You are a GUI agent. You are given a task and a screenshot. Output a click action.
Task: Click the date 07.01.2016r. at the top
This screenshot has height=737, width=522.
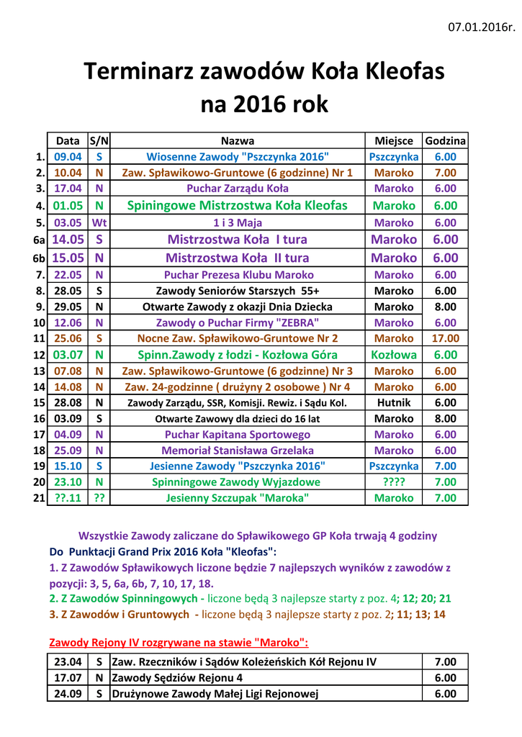click(x=482, y=27)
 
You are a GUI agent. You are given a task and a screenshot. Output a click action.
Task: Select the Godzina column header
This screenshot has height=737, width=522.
click(x=445, y=141)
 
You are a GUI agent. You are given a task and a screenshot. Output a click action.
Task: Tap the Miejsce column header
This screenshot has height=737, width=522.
click(x=394, y=141)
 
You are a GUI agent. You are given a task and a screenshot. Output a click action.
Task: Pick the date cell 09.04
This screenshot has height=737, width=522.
click(x=68, y=157)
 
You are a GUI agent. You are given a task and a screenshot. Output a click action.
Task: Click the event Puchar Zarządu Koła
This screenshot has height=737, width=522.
click(x=238, y=189)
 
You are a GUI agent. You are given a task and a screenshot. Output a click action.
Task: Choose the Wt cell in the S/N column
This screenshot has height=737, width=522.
click(x=99, y=222)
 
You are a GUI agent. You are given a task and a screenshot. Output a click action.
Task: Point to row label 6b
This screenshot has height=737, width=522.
click(x=39, y=258)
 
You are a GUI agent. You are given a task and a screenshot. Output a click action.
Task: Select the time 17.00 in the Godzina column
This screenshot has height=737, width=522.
click(x=445, y=338)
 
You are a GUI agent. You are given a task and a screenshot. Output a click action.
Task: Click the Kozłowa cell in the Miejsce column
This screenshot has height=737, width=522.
click(x=394, y=355)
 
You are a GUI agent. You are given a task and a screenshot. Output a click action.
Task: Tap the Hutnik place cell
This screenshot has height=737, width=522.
click(x=394, y=403)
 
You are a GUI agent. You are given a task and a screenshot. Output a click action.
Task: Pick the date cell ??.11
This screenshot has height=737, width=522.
click(x=68, y=498)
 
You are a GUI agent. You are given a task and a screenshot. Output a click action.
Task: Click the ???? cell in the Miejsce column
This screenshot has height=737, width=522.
click(x=394, y=482)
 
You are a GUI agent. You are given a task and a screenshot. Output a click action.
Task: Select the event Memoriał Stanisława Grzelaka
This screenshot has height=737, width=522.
click(x=238, y=451)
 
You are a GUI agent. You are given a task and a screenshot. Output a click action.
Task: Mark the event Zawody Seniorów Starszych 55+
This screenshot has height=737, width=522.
click(x=238, y=291)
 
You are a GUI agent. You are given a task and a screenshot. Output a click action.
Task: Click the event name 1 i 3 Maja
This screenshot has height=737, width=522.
click(x=238, y=222)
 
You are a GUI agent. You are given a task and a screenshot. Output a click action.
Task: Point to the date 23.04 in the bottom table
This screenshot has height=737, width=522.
click(x=68, y=662)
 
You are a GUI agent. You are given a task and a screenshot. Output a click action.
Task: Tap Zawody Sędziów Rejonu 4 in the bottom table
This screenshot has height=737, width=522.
click(x=178, y=678)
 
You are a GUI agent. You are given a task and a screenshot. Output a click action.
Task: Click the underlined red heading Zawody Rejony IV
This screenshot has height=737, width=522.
click(x=179, y=642)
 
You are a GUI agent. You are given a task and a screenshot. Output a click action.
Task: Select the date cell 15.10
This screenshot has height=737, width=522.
click(x=68, y=466)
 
